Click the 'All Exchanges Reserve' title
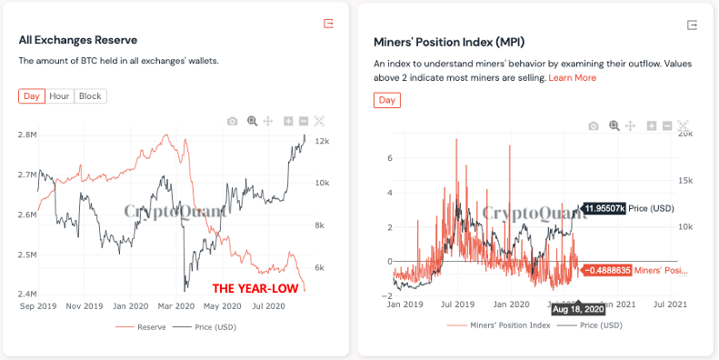[77, 40]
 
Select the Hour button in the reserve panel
[59, 96]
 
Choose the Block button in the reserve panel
[90, 96]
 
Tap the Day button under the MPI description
[386, 100]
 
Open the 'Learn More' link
[572, 78]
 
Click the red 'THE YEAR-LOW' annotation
[252, 289]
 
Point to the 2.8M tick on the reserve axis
[26, 135]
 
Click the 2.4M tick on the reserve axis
[26, 295]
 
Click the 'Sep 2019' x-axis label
[38, 307]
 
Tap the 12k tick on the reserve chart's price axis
[322, 142]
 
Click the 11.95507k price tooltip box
[603, 208]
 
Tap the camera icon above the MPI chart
[594, 125]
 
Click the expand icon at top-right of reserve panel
[328, 24]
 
